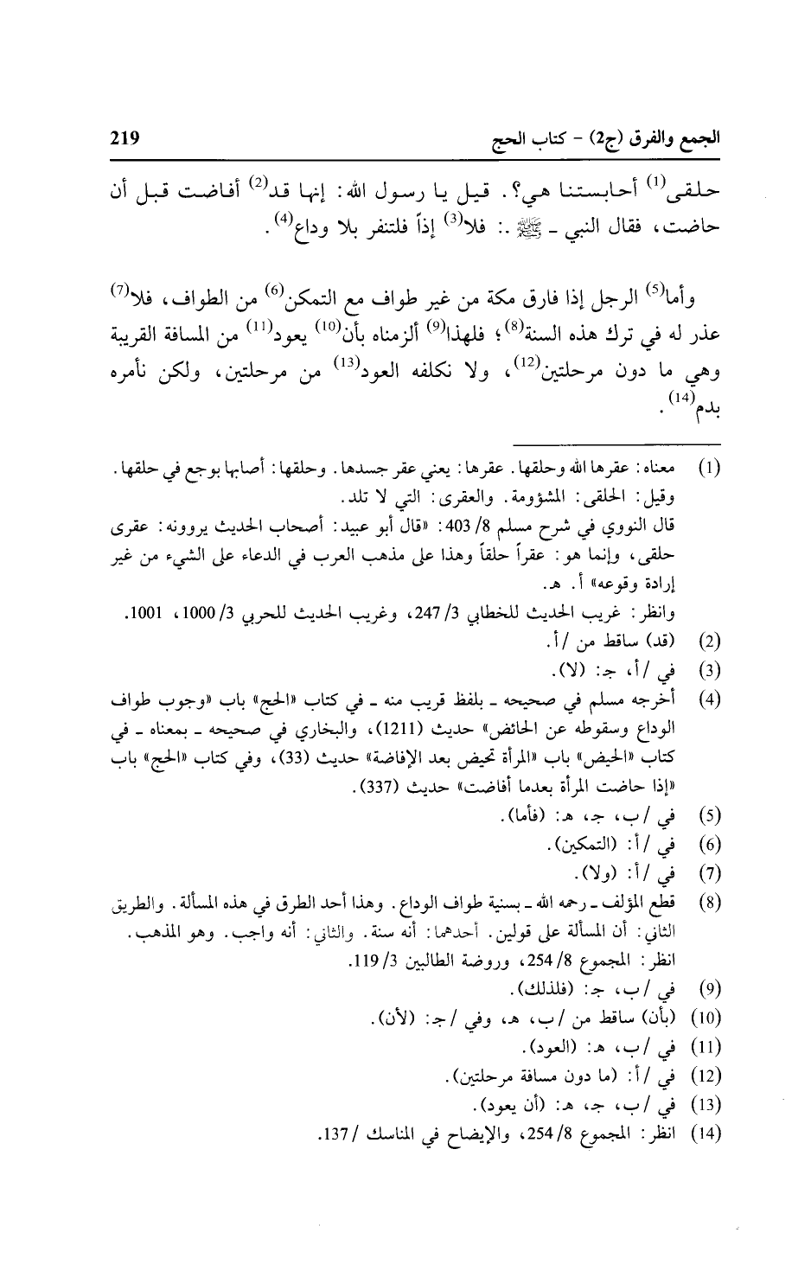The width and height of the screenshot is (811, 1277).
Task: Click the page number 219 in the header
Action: coord(124,137)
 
